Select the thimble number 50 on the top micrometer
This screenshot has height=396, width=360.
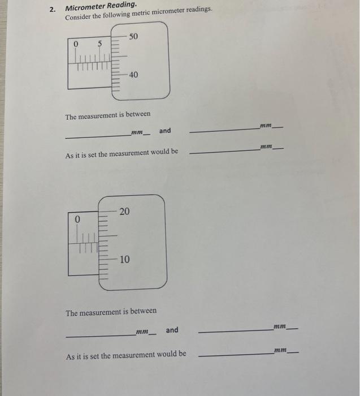point(133,37)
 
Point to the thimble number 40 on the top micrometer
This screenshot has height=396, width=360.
point(133,75)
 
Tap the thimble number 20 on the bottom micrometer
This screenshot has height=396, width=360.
point(124,212)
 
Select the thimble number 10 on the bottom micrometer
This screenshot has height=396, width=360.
point(124,260)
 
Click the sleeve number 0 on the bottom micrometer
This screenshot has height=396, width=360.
point(77,218)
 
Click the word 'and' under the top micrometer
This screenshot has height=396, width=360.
point(164,131)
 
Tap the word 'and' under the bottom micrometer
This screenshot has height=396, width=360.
point(172,330)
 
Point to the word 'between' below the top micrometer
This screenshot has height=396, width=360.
point(138,114)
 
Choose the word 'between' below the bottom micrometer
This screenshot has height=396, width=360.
point(144,311)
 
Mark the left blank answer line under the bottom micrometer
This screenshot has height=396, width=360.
point(99,335)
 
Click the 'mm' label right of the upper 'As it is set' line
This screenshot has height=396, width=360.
point(266,147)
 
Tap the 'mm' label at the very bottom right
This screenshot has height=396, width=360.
point(281,350)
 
